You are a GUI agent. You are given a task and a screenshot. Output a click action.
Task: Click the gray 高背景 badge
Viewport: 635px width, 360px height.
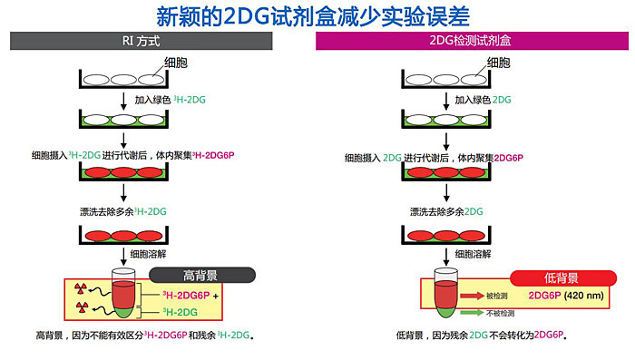click(200, 275)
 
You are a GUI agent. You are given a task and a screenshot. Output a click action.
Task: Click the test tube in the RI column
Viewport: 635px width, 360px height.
click(123, 296)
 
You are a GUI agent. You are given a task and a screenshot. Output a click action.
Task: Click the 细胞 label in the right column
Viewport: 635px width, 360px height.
click(499, 62)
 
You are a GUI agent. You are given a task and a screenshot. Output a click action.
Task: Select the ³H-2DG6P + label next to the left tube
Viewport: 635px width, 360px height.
click(192, 296)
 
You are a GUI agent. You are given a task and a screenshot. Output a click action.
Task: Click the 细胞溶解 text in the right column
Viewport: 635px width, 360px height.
click(474, 254)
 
